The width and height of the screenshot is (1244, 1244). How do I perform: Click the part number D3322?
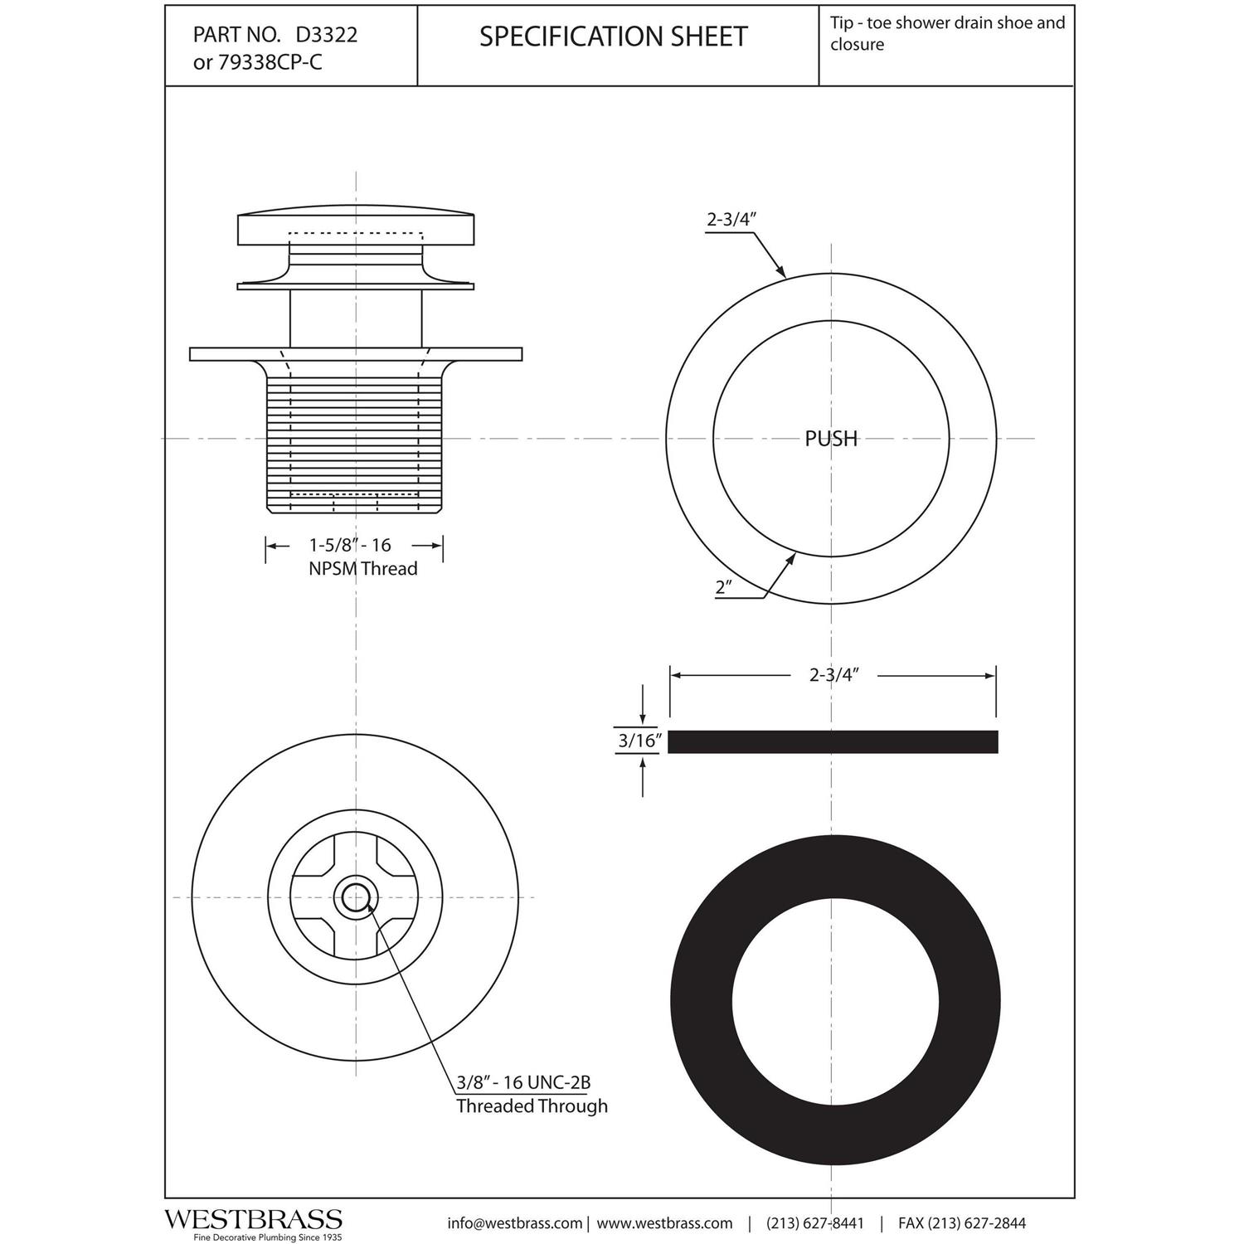327,35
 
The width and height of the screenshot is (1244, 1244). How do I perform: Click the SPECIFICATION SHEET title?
614,36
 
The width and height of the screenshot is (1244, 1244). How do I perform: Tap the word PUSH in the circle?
831,439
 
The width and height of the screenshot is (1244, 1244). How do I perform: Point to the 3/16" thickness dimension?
637,741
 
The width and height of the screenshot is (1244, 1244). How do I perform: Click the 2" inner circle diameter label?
723,587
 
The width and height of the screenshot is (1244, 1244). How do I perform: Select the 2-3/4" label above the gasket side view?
833,675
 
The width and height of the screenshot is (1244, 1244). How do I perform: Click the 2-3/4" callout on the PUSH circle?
732,220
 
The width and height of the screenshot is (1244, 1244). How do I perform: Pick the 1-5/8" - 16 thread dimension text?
350,545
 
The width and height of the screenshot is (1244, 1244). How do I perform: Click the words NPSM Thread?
362,569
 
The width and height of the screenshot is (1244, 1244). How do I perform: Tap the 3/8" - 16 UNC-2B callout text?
523,1082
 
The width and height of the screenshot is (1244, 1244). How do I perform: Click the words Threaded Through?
532,1106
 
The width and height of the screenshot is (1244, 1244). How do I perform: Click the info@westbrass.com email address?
514,1223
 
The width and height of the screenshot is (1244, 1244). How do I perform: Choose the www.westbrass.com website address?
664,1223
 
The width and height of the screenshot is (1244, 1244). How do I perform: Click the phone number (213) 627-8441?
814,1223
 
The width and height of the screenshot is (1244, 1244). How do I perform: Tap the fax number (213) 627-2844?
977,1223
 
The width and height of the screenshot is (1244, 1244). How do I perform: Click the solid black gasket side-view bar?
833,741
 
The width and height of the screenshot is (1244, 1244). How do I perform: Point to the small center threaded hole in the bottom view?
356,897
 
